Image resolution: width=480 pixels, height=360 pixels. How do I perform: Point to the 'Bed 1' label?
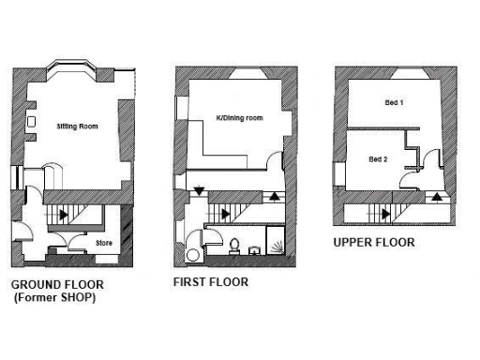[x=394, y=102]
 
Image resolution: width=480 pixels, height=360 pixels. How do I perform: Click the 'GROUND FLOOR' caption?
[x=56, y=284]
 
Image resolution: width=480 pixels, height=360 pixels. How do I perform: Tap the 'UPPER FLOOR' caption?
[x=374, y=242]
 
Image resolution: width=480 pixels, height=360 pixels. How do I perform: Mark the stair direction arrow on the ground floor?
[x=63, y=214]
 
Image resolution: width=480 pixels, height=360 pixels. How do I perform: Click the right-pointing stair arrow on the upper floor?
[x=386, y=214]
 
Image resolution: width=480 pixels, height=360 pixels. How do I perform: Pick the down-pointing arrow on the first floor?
[x=199, y=192]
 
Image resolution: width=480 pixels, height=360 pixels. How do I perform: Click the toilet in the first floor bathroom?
[x=233, y=247]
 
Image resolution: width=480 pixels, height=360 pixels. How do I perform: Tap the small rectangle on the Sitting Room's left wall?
[x=32, y=122]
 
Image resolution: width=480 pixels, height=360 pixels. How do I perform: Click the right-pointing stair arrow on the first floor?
[x=225, y=214]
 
